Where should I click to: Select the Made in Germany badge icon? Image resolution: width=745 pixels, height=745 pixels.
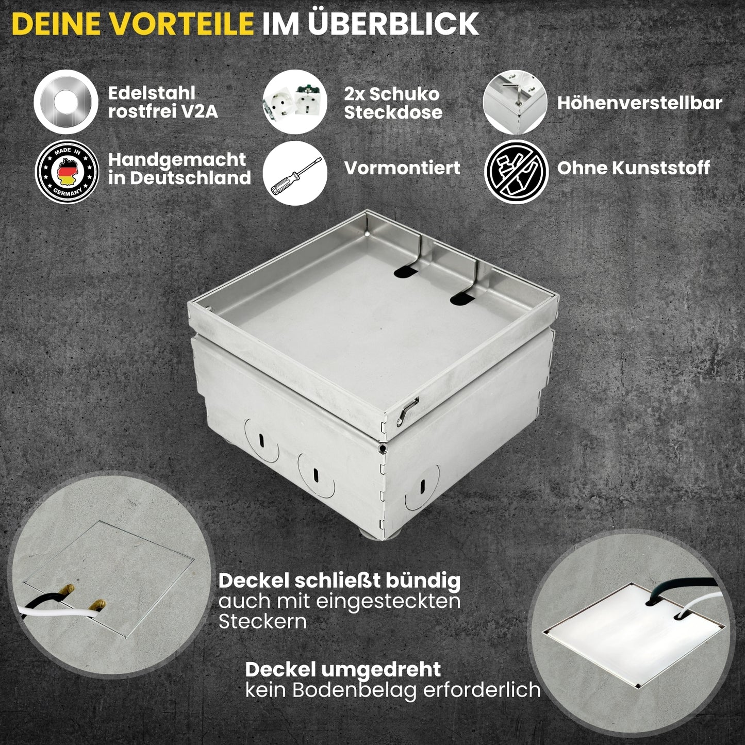67,172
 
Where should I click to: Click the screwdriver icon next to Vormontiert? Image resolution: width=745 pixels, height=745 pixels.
295,174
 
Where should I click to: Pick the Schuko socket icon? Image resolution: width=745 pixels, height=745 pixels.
294,102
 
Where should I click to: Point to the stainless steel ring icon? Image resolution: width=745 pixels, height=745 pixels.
66,102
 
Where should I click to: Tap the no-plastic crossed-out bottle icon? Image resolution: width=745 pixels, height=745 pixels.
516,172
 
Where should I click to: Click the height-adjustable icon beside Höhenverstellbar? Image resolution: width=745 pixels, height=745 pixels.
515,102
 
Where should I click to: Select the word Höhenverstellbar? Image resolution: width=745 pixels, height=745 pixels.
639,103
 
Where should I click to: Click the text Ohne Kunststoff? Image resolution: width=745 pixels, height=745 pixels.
633,168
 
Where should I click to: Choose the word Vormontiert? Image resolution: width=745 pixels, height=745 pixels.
402,168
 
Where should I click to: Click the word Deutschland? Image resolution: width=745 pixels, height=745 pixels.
190,178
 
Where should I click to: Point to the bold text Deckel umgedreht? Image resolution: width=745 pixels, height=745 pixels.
343,670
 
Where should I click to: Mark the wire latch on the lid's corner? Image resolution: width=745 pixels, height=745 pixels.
407,413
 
